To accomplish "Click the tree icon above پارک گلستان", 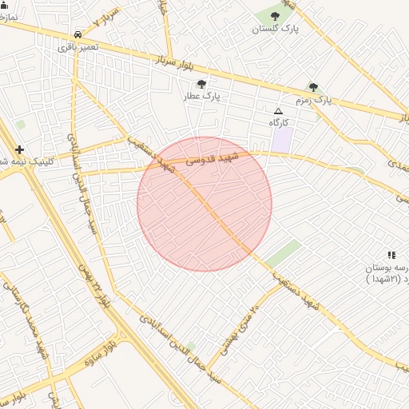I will tap(275, 16).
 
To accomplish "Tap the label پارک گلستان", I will tap(275, 29).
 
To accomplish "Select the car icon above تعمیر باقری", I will tap(77, 35).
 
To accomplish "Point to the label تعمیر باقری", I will tap(77, 47).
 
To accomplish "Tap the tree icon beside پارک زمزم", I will tap(313, 87).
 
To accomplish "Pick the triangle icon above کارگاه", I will tap(278, 111).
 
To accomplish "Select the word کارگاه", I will tap(278, 122).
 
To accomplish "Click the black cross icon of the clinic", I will tap(19, 149).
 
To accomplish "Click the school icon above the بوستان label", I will tap(391, 255).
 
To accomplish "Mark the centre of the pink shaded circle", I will tap(204, 204).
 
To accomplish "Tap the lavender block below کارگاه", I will tap(282, 141).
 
